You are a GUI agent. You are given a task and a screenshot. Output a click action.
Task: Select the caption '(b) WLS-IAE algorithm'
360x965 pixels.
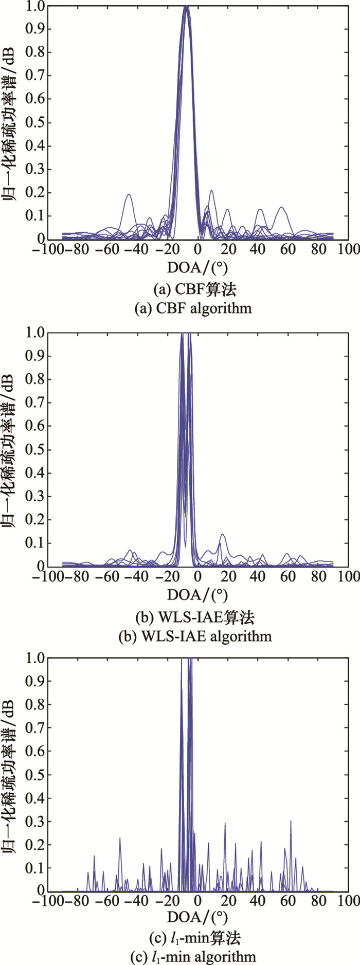[194, 636]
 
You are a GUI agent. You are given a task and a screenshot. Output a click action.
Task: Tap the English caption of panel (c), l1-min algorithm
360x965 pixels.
[194, 957]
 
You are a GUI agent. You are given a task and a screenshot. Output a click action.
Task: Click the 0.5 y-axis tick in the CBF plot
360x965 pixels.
[37, 122]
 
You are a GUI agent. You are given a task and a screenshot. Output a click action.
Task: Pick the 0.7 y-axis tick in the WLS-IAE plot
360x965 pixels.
[37, 403]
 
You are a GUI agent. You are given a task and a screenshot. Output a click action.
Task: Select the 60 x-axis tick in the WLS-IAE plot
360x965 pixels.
[289, 577]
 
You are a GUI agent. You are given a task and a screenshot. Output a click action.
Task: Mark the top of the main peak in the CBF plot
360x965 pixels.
[186, 7]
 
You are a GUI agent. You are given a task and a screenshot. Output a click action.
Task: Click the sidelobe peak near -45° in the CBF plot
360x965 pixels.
[129, 194]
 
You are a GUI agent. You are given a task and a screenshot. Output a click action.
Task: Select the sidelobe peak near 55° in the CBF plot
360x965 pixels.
[281, 207]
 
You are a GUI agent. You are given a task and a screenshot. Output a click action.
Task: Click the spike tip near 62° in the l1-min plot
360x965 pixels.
[291, 821]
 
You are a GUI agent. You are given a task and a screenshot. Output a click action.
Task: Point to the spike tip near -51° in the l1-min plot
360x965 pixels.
[120, 839]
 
